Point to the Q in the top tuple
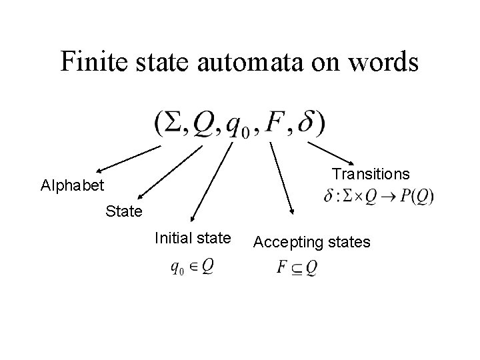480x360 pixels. click(x=203, y=124)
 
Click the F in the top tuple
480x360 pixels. click(x=275, y=123)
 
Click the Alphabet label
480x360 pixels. click(x=72, y=185)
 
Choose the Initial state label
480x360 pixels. click(x=193, y=237)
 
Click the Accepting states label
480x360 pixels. click(x=312, y=242)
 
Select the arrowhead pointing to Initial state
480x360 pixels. click(x=191, y=218)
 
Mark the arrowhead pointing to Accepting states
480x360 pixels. click(x=291, y=213)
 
